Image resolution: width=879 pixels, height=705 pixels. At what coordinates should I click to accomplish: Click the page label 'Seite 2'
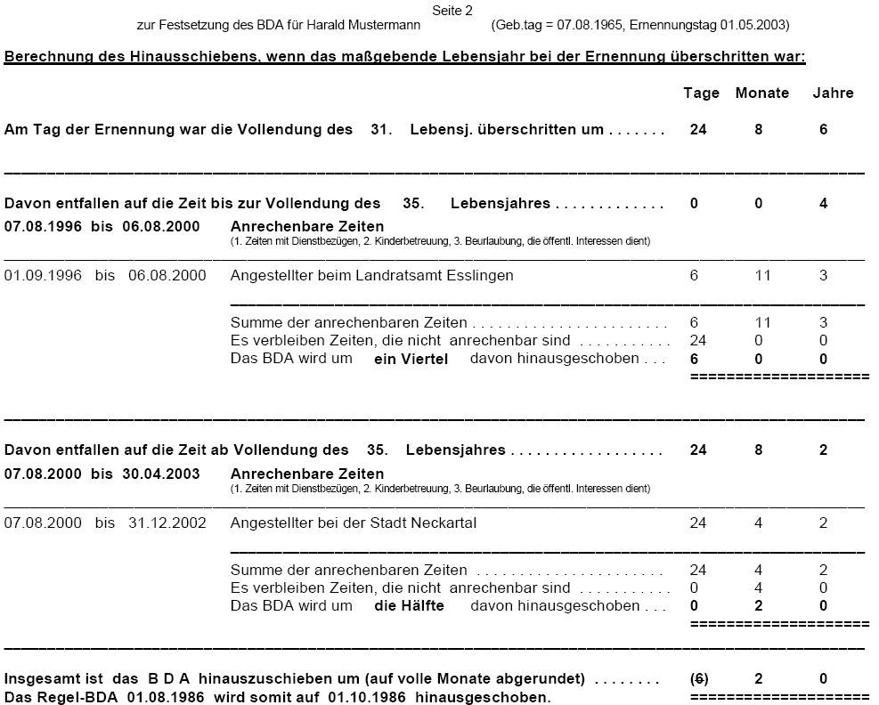452,10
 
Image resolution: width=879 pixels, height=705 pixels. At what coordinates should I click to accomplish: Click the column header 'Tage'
701,93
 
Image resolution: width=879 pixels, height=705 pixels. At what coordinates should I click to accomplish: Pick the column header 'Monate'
761,93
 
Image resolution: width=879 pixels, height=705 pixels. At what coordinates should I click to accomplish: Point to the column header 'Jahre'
833,93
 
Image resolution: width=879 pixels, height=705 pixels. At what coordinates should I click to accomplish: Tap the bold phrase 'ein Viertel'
411,359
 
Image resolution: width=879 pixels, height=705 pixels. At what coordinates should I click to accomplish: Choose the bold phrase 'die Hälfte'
409,606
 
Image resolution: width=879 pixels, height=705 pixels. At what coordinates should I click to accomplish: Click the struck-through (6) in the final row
699,678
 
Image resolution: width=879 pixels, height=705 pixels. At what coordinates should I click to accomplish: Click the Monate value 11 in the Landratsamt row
762,276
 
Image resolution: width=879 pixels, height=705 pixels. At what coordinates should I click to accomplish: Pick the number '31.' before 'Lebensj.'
381,130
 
